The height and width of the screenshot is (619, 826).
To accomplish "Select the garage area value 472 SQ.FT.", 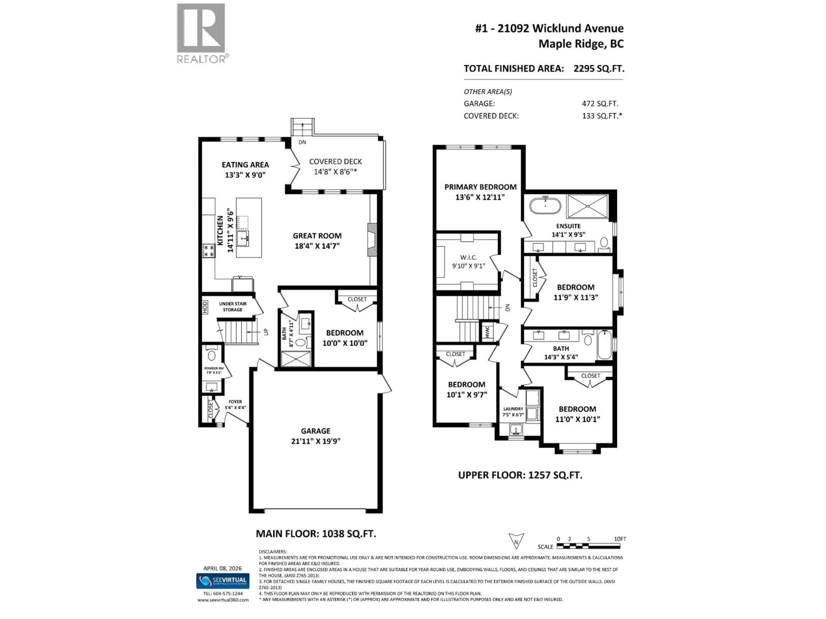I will [x=600, y=104].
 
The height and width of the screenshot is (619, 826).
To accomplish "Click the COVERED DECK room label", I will [x=335, y=162].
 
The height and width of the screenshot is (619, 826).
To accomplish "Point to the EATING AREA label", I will [x=245, y=165].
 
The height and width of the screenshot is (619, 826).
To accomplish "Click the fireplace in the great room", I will [x=372, y=240].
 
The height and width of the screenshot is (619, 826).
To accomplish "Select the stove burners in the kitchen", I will [x=208, y=251].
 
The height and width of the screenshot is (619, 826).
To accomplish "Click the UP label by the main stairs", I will [x=266, y=331].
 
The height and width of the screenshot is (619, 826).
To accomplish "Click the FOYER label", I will [x=235, y=402].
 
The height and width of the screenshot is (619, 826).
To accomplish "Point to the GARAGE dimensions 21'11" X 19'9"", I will [x=316, y=441].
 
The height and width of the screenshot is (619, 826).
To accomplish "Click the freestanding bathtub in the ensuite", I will [x=545, y=206].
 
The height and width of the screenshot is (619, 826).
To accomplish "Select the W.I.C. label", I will [x=468, y=257].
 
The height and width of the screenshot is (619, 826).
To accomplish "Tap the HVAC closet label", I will [x=487, y=332].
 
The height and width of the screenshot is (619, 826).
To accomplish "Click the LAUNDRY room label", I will [x=513, y=409].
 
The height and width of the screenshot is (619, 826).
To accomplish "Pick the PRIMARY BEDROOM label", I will [x=480, y=187].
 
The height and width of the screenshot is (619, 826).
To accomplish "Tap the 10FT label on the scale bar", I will [x=620, y=539].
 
